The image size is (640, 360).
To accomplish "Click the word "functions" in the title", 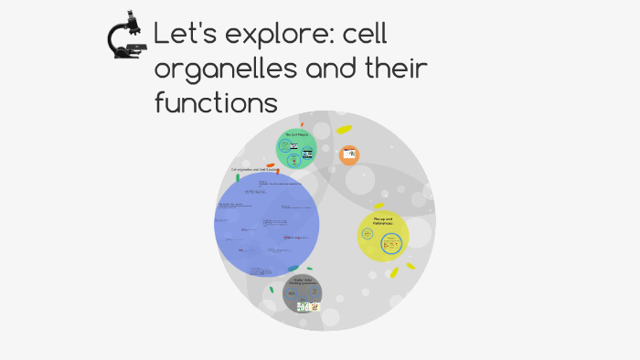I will (215, 101).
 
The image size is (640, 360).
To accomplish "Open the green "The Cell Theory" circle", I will (296, 149).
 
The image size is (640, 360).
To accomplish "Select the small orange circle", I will (349, 155).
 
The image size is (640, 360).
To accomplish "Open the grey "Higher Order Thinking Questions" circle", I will (302, 293).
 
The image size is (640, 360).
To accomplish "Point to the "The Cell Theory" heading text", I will (296, 135).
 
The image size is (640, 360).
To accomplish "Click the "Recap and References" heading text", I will (382, 221).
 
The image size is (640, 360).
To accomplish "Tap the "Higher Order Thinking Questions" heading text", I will (302, 281).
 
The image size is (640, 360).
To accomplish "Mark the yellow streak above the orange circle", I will (344, 130).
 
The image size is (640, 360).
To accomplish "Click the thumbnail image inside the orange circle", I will (349, 155).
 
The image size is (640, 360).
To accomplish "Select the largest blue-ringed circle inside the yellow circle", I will (391, 244).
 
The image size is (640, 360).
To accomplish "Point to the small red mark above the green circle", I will (302, 123).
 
